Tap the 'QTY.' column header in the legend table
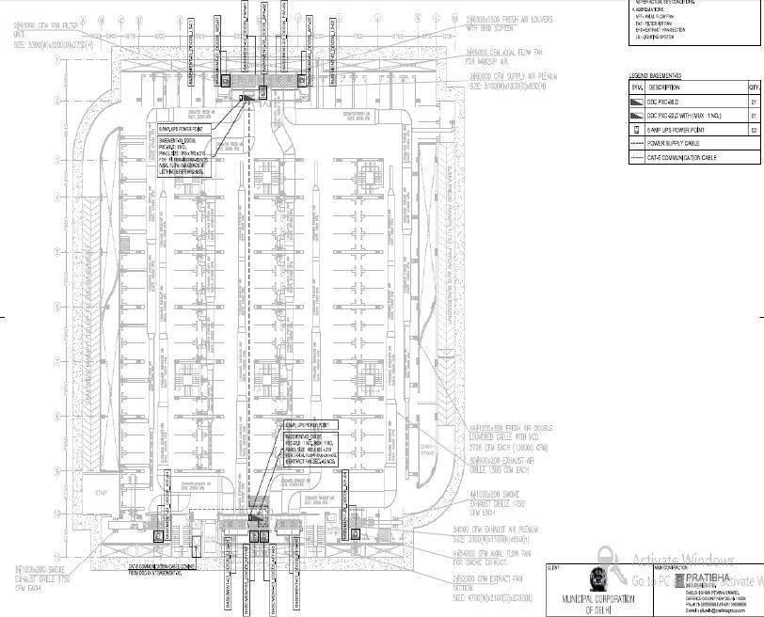754,87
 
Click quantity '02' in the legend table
754,129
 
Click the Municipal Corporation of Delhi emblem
597,580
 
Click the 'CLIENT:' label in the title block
554,568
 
